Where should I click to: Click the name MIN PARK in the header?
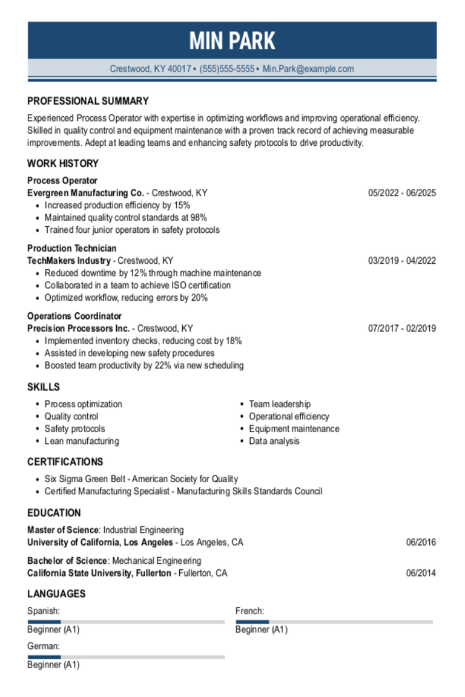coord(232,41)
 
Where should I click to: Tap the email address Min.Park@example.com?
coord(308,69)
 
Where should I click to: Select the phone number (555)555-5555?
coord(227,69)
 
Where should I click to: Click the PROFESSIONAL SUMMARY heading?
coord(88,101)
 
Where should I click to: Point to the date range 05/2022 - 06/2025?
coord(402,193)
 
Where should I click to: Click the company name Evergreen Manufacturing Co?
coord(85,193)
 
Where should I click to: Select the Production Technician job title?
coord(71,248)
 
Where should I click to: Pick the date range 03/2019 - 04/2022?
coord(402,261)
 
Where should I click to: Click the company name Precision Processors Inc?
coord(78,329)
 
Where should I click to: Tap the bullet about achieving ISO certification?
coord(137,285)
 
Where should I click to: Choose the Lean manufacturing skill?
coord(82,441)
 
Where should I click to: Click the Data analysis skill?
coord(274,441)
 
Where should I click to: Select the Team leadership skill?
coord(279,404)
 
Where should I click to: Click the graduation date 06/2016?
coord(421,542)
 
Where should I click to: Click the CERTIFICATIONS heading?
coord(65,462)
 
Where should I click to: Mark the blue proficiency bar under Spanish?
coord(44,621)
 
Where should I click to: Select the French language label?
coord(249,611)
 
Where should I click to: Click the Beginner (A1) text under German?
coord(53,664)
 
